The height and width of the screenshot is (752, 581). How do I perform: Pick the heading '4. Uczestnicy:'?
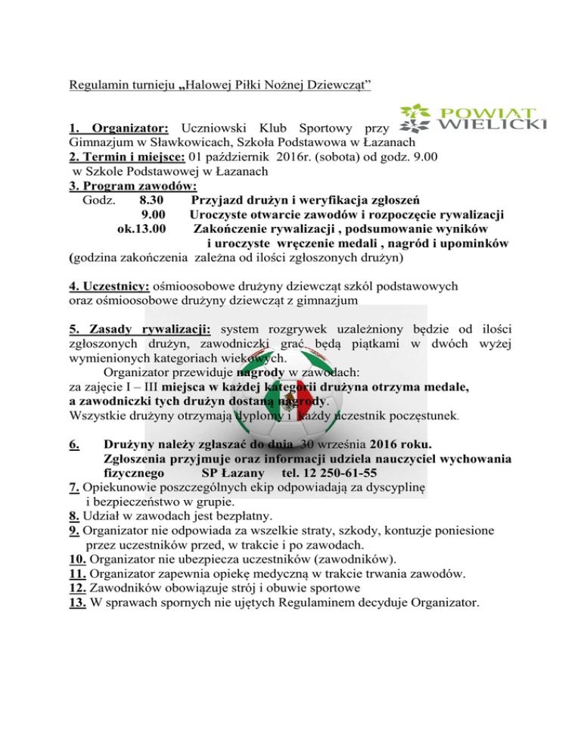click(109, 287)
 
